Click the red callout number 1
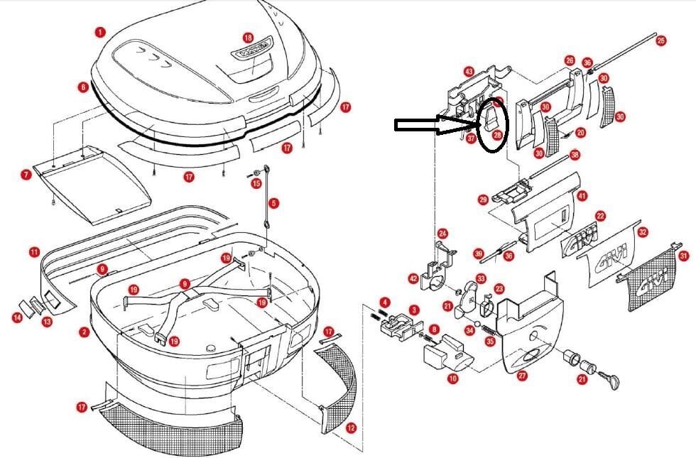(x=100, y=32)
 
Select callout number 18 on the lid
(x=248, y=37)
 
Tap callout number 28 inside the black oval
(x=497, y=134)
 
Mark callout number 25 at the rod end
(x=661, y=41)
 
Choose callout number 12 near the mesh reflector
(x=350, y=428)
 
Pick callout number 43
(x=469, y=72)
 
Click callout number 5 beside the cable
(x=273, y=203)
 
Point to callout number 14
(x=17, y=317)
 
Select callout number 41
(x=582, y=195)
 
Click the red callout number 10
(x=452, y=379)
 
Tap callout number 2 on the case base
(x=85, y=332)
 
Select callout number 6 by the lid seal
(x=83, y=87)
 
